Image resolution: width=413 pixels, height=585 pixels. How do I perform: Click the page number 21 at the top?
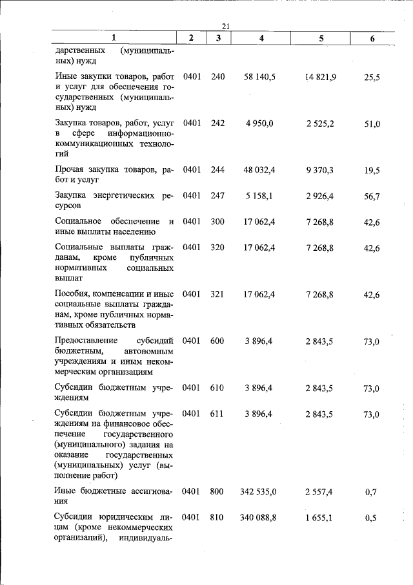point(226,26)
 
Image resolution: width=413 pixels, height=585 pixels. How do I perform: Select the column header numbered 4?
point(261,39)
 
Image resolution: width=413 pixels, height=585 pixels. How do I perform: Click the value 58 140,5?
point(261,76)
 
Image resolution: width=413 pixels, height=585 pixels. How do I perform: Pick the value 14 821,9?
point(321,76)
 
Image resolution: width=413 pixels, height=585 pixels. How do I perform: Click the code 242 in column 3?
point(218,123)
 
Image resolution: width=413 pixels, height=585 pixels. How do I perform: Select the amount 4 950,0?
point(261,123)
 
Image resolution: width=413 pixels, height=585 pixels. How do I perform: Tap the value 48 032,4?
point(261,169)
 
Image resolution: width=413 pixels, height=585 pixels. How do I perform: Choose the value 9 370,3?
point(321,169)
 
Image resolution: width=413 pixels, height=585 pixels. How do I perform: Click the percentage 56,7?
point(372,197)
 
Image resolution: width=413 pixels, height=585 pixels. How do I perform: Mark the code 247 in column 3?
point(218,196)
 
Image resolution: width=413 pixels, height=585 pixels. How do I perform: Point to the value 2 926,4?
point(321,196)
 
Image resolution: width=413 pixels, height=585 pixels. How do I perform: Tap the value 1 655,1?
point(321,518)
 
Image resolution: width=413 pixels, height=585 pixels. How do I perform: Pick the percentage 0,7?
point(371,493)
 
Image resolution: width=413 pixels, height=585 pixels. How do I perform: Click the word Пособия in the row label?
point(73,294)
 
